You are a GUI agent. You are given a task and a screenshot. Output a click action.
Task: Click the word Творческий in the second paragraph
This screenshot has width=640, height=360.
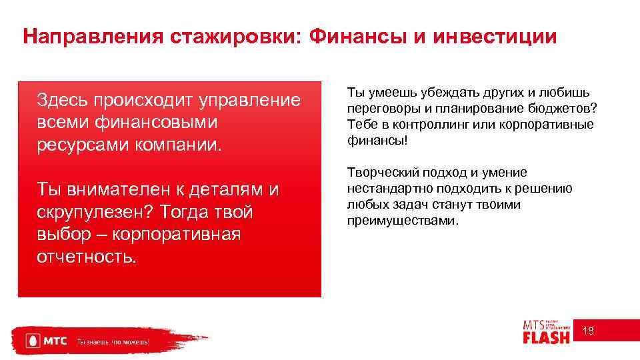coord(381,173)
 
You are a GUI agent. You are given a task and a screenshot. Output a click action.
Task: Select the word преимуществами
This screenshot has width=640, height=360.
coord(402,220)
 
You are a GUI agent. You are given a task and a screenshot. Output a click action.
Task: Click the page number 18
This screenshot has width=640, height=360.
coord(589,331)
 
